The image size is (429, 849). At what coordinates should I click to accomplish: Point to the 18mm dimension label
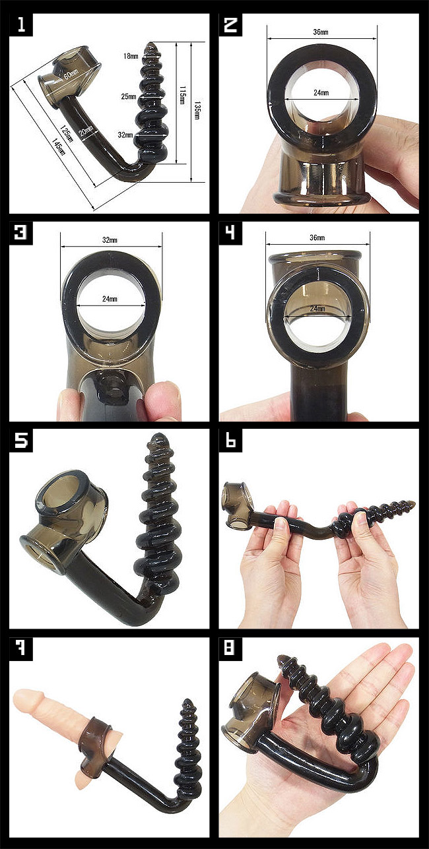pos(131,56)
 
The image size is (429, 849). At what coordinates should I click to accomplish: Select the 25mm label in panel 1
pos(129,97)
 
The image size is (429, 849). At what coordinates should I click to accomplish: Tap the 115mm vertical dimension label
pos(181,96)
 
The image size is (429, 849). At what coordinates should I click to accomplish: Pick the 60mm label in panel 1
pos(71,74)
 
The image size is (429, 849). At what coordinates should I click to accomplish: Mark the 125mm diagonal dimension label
pos(67,133)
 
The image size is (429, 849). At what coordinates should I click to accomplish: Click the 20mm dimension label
pos(86,131)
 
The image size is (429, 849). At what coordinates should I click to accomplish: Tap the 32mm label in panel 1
pos(125,135)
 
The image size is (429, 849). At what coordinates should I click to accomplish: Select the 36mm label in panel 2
pos(321,32)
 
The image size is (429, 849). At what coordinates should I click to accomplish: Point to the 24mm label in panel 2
pos(321,92)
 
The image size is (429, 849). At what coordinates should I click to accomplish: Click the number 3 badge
pos(21,232)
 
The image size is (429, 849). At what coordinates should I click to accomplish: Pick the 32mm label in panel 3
pos(110,240)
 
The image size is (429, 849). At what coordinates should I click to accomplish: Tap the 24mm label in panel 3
pos(110,299)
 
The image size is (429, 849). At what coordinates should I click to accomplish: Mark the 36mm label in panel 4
pos(317,237)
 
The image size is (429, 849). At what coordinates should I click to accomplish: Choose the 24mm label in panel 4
pos(317,309)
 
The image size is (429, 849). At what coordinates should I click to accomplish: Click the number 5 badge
pos(21,440)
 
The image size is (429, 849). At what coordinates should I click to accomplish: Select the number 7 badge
pos(21,648)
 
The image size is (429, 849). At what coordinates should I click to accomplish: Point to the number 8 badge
pos(230,648)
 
